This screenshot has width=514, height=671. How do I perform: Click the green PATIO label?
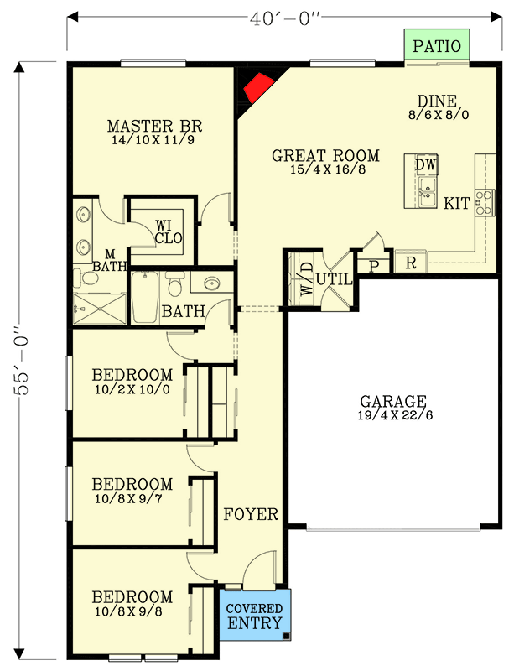point(437,45)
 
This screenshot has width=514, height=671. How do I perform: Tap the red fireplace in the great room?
point(257,86)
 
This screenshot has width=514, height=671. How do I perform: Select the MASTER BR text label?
point(155,127)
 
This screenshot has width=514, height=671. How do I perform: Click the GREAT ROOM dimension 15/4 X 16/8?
point(325,170)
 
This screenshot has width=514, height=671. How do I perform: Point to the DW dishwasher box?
point(426,165)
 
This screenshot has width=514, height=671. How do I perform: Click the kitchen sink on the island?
point(428,193)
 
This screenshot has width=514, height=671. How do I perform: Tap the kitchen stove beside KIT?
point(485,202)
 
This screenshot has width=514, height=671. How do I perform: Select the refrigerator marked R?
point(411,263)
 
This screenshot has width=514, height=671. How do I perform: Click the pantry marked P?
point(373,266)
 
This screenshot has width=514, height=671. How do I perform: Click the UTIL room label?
point(332,277)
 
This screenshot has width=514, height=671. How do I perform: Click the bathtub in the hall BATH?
point(145,298)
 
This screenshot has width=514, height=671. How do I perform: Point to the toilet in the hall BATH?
point(175,287)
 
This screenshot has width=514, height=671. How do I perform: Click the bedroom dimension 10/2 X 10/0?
point(132,389)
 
